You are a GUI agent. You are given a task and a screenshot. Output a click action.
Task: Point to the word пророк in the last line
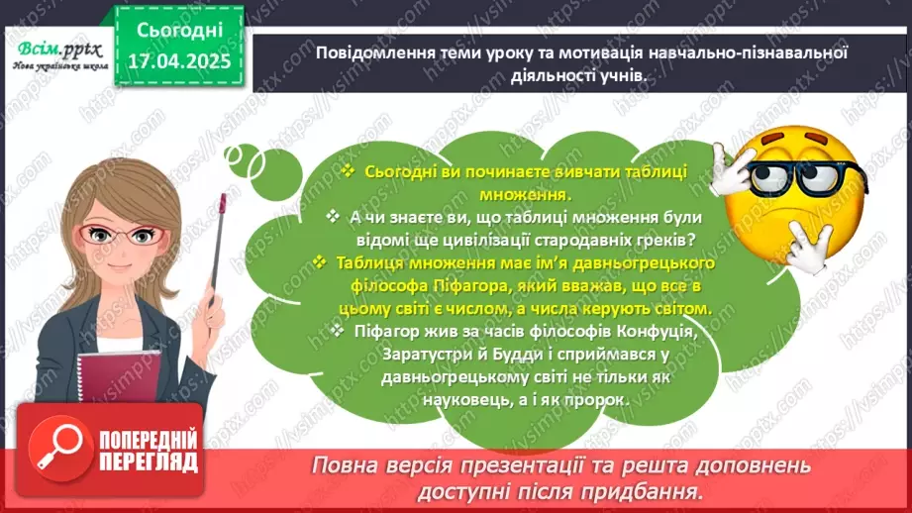pyautogui.click(x=601, y=399)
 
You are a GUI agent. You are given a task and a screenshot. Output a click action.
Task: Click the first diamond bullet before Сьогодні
pyautogui.click(x=348, y=171)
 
